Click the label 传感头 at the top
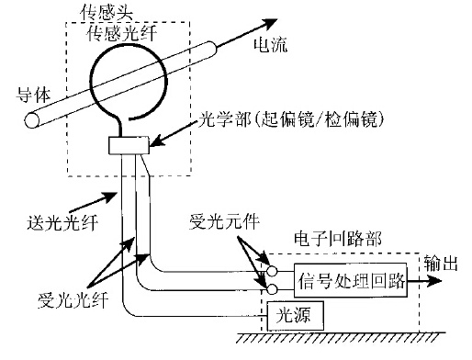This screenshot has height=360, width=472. (107, 13)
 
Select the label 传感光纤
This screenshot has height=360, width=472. (122, 33)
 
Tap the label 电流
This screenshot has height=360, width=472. (271, 45)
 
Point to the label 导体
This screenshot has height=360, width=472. (33, 95)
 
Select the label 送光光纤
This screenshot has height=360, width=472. (62, 222)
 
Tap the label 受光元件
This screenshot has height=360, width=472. (224, 221)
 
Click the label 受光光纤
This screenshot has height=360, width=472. (73, 300)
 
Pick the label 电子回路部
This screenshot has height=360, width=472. (338, 239)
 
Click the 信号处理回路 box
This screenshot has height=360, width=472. (351, 280)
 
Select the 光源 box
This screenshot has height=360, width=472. (296, 316)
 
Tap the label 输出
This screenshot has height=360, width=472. (441, 263)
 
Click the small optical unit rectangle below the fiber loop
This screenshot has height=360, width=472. (129, 145)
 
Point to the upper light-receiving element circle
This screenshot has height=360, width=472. (272, 271)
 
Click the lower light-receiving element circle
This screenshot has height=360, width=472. (272, 289)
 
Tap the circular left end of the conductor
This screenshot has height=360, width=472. (32, 120)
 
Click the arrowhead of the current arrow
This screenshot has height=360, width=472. (269, 23)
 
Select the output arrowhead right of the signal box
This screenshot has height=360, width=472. (433, 281)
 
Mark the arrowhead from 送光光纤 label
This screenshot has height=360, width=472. (110, 197)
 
